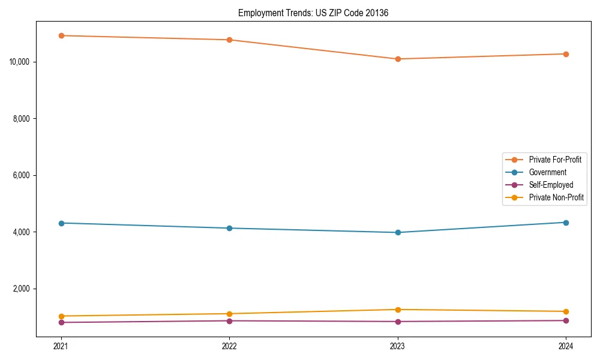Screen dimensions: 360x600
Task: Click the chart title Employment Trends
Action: pos(313,13)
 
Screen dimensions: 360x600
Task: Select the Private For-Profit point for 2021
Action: pos(61,35)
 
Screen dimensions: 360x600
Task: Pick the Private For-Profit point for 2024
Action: pos(566,54)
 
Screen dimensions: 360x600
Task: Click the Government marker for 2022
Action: pos(229,228)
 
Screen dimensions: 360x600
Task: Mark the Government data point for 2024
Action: pos(566,223)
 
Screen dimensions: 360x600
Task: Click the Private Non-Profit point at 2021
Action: pos(61,316)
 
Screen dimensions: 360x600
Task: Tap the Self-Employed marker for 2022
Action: pos(229,320)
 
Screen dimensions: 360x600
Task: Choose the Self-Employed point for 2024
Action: pos(566,320)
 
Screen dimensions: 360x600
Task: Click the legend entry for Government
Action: pos(547,172)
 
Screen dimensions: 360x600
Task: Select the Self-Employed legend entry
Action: pos(551,185)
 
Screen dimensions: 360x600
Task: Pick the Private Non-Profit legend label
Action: pos(556,197)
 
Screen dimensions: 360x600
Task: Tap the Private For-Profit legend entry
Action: pos(555,160)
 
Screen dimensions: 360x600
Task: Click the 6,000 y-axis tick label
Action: pos(23,175)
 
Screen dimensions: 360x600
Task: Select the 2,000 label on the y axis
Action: pos(23,289)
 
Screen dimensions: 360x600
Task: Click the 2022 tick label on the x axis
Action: pos(229,346)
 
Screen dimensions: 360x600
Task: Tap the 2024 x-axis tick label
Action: pos(566,346)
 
